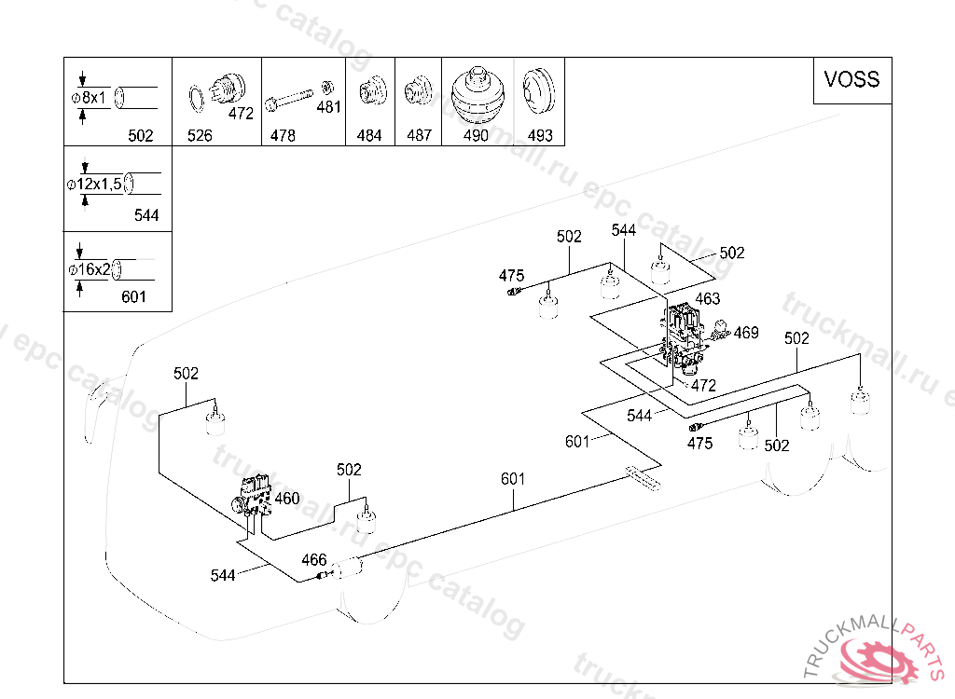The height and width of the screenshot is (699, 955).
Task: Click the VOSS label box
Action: [x=852, y=81]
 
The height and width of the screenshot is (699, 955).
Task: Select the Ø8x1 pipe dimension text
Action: [x=89, y=98]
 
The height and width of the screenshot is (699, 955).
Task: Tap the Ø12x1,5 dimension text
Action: [x=94, y=184]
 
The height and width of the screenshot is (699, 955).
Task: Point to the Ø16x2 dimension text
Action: [x=90, y=269]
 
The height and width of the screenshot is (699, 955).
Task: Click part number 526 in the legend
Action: [x=200, y=135]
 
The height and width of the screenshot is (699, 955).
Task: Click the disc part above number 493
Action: [x=539, y=90]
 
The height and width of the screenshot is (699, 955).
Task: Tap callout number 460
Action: [x=287, y=499]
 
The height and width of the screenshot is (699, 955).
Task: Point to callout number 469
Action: [x=746, y=333]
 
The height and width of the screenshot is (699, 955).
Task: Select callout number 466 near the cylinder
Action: [x=314, y=559]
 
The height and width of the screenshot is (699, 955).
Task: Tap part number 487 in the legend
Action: [x=419, y=135]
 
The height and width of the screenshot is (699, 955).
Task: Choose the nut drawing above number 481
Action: [x=327, y=88]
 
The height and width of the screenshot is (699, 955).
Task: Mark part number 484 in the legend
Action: [x=369, y=135]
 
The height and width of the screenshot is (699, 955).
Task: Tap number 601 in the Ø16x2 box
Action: [x=134, y=296]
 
